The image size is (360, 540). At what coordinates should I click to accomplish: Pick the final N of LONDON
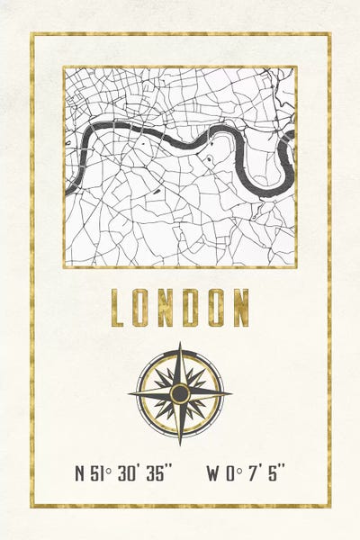(239, 307)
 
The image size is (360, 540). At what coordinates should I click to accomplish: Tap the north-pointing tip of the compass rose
(180, 344)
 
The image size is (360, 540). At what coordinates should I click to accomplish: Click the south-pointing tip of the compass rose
(180, 443)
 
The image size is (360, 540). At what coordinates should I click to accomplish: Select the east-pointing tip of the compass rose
(230, 393)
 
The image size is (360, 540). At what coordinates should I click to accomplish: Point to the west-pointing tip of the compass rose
(130, 393)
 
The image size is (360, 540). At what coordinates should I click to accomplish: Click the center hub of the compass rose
(180, 393)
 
